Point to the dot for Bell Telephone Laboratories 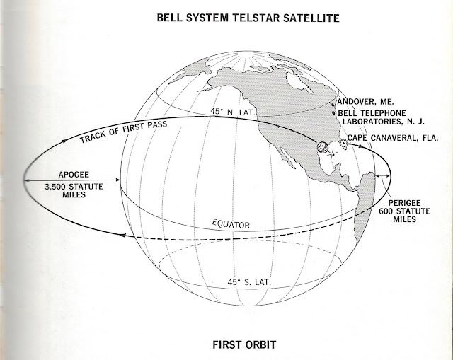tap(334, 112)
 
